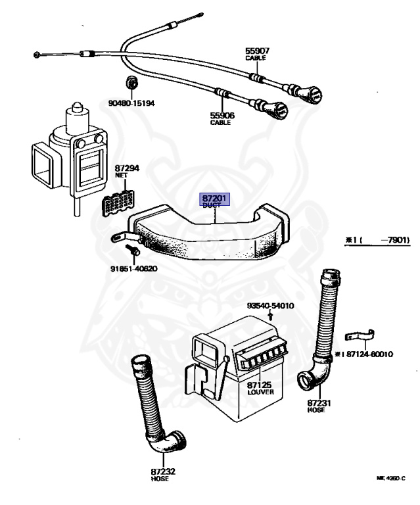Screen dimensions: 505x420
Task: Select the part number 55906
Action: click(x=222, y=116)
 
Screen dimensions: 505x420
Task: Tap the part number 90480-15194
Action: click(x=131, y=103)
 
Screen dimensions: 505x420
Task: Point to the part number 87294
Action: click(x=127, y=169)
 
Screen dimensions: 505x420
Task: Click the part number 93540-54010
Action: click(x=270, y=306)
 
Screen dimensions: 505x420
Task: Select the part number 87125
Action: click(x=260, y=383)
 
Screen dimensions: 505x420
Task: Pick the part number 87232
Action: click(x=159, y=471)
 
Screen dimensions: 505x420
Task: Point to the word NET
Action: click(x=122, y=176)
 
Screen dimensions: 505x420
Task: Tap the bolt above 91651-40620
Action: click(x=130, y=251)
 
